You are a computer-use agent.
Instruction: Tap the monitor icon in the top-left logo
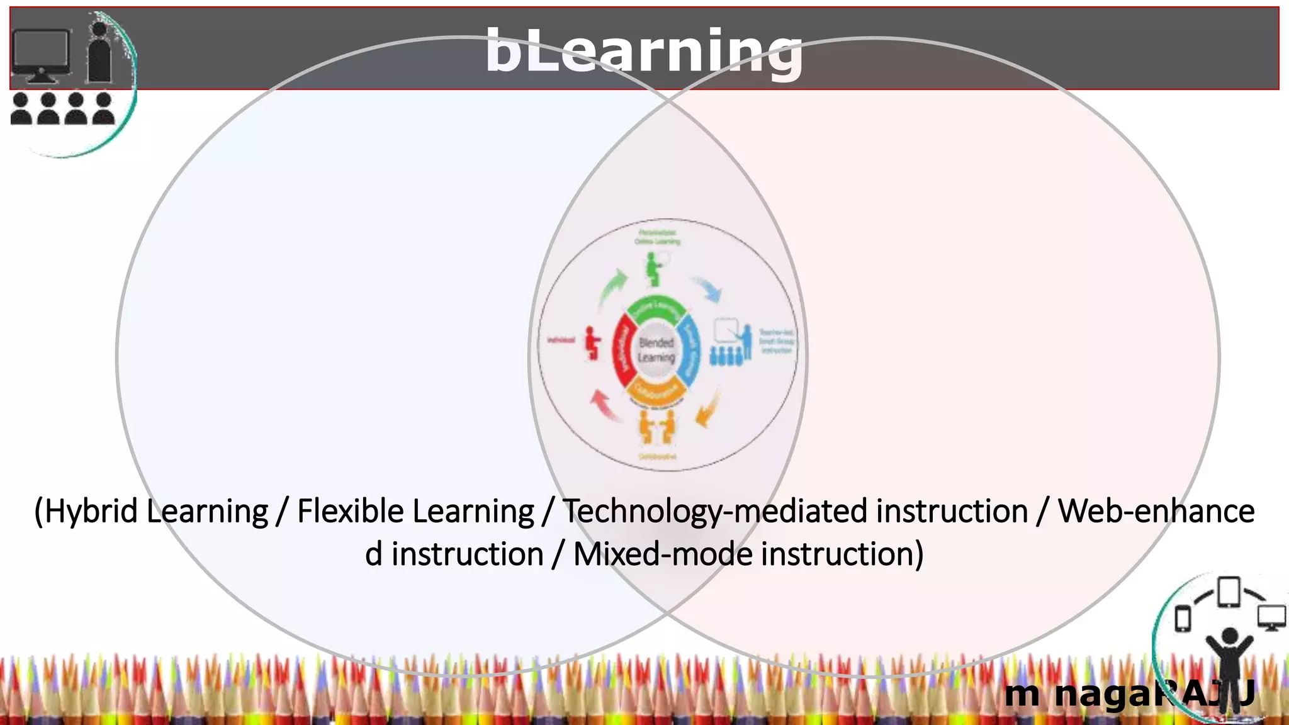(x=40, y=54)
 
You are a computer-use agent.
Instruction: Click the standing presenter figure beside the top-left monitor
(x=99, y=53)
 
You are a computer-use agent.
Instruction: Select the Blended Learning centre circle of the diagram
(x=656, y=350)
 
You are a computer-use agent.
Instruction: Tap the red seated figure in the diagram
(x=592, y=343)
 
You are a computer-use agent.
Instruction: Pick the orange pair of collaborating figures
(x=656, y=427)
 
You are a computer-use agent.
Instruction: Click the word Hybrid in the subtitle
(x=91, y=511)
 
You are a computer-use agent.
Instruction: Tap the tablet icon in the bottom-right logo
(x=1228, y=592)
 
